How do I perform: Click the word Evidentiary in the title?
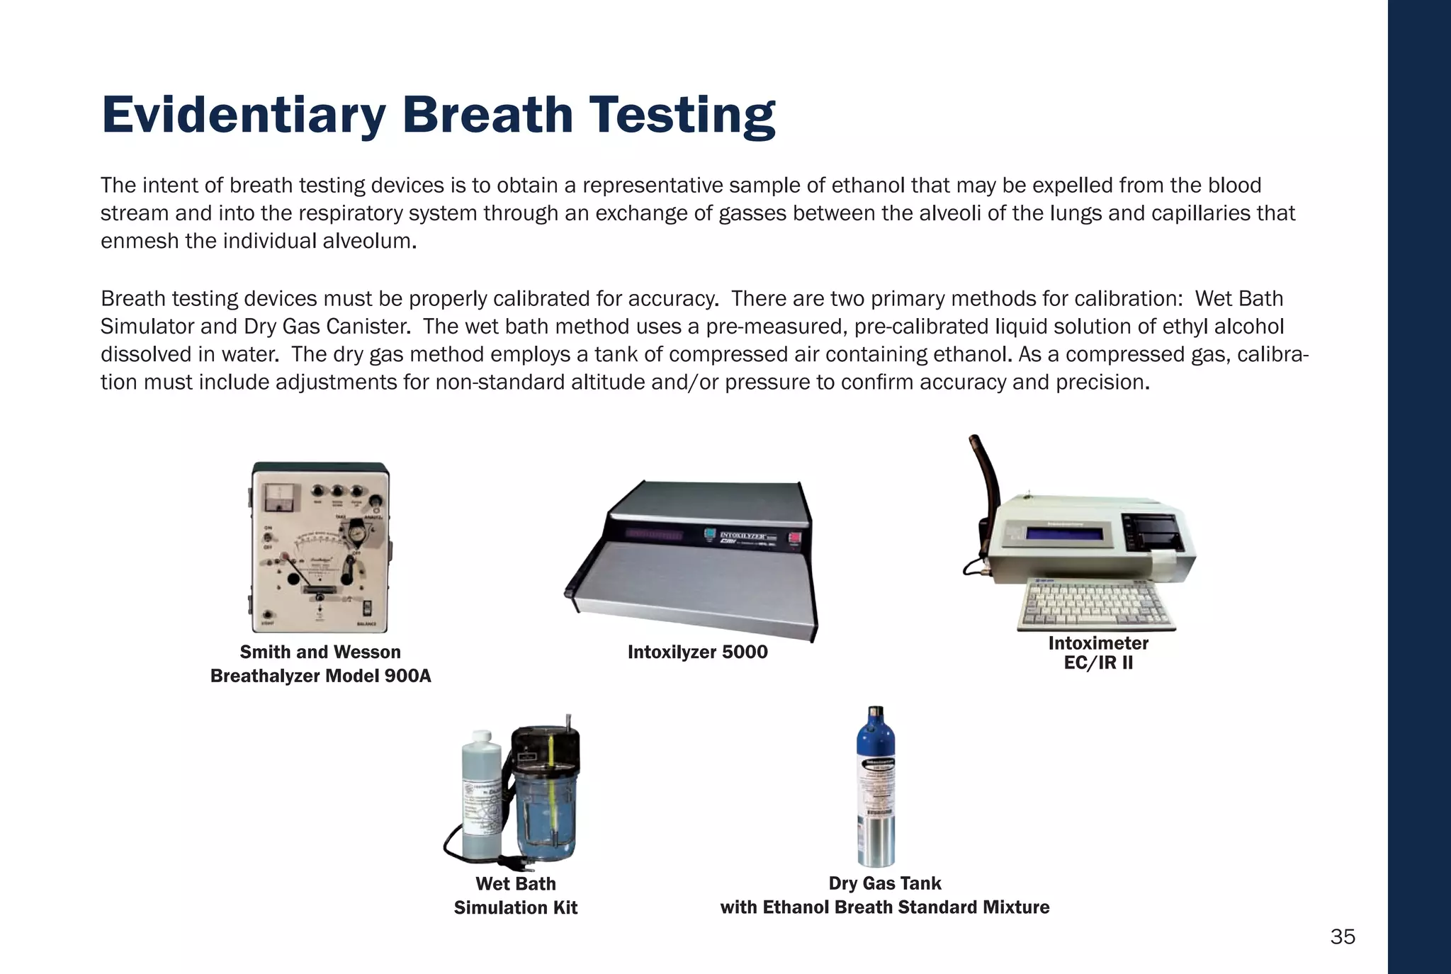pos(243,115)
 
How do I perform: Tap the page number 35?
pos(1342,936)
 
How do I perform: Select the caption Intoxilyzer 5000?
pos(697,652)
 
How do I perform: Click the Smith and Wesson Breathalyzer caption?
pos(320,664)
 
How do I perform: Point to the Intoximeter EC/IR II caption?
pos(1098,652)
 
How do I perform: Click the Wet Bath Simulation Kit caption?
pos(516,895)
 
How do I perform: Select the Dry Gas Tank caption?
pos(884,895)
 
